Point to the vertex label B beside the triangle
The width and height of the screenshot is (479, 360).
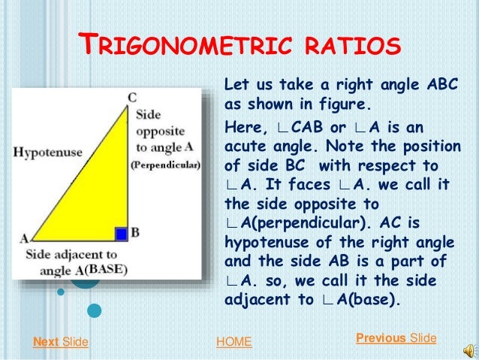pyautogui.click(x=134, y=233)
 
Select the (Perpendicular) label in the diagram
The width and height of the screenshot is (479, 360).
pyautogui.click(x=165, y=165)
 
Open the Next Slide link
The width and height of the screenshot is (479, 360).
pyautogui.click(x=61, y=343)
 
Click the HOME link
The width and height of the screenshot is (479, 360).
pyautogui.click(x=233, y=343)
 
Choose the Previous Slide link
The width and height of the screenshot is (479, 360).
pyautogui.click(x=396, y=338)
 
